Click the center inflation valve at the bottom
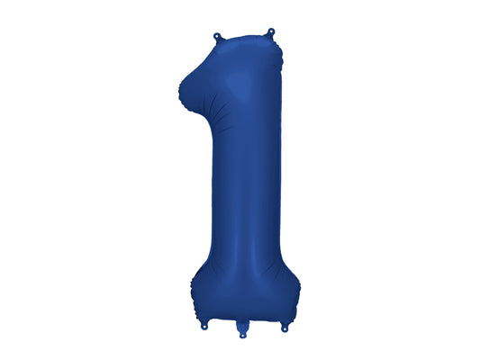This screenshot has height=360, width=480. [x=240, y=333]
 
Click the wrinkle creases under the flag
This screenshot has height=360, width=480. [x=200, y=110]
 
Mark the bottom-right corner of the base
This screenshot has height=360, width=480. [x=295, y=319]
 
